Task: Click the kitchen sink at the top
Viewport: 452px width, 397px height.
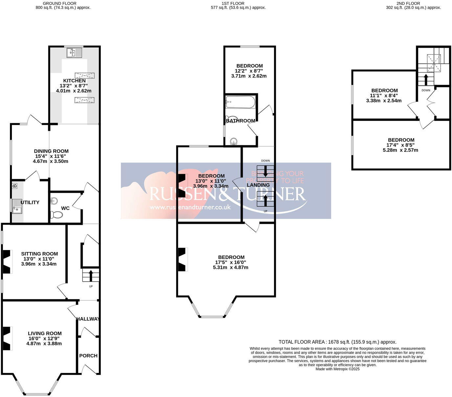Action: (74, 53)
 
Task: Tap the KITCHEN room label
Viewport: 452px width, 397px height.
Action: (75, 81)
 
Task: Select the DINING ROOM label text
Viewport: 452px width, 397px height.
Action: (51, 151)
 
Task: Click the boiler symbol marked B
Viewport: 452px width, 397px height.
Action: (14, 186)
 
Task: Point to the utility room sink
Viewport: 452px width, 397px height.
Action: (17, 206)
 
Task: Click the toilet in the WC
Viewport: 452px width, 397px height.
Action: (57, 215)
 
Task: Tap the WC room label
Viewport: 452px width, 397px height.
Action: (65, 208)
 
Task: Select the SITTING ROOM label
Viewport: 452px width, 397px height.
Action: (39, 254)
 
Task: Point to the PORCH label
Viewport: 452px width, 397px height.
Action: (88, 356)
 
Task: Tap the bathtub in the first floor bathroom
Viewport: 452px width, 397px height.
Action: (240, 102)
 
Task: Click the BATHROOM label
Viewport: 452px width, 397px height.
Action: (240, 121)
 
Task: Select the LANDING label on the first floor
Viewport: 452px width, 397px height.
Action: (258, 185)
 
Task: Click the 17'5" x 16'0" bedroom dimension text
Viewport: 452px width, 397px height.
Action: (231, 262)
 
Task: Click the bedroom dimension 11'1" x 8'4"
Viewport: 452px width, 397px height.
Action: (384, 96)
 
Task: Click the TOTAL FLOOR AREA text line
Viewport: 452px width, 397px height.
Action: (337, 342)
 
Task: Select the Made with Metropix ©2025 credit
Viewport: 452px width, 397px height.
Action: (337, 369)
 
